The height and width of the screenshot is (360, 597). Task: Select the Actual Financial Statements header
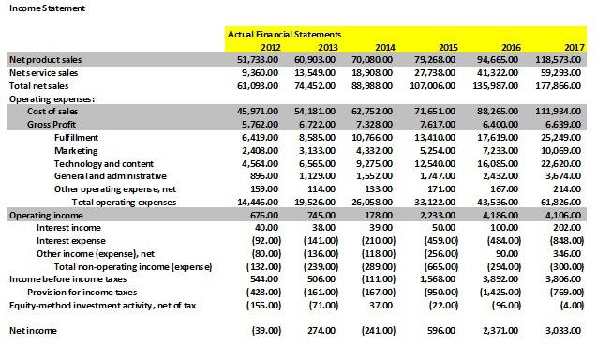pyautogui.click(x=284, y=35)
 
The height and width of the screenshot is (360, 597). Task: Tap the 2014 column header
pyautogui.click(x=384, y=47)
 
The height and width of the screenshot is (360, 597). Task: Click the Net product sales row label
pyautogui.click(x=45, y=59)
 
